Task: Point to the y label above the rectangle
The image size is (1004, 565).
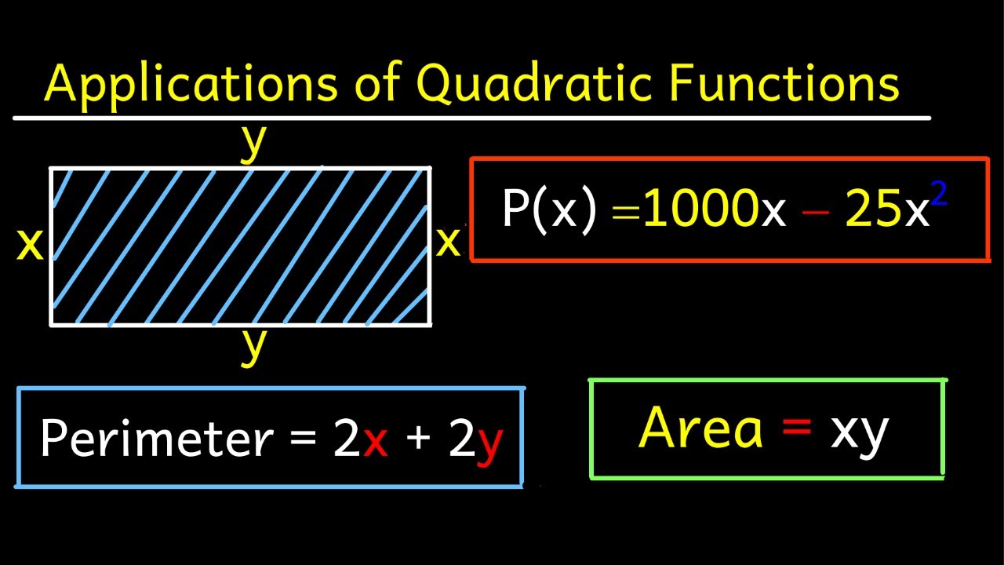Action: coord(252,142)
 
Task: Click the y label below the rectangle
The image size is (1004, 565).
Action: coord(252,346)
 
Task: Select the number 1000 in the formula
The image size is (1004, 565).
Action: coord(701,210)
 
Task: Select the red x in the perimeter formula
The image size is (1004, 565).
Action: coord(376,442)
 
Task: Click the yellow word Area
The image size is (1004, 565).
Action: coord(700,428)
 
